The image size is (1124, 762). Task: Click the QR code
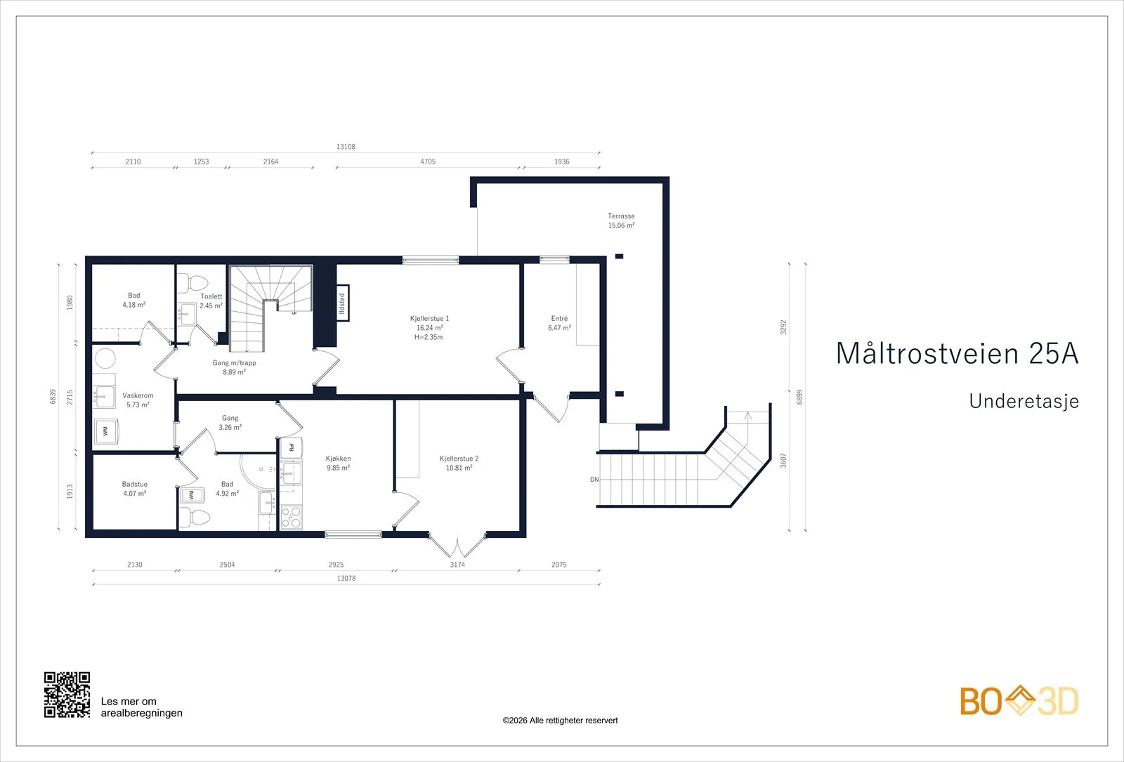pyautogui.click(x=67, y=695)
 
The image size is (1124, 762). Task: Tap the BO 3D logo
pyautogui.click(x=1019, y=701)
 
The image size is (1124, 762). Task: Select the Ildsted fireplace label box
pyautogui.click(x=342, y=303)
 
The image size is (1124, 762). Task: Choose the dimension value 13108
pyautogui.click(x=346, y=147)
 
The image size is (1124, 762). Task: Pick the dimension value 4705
pyautogui.click(x=428, y=162)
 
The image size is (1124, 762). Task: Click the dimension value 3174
pyautogui.click(x=457, y=565)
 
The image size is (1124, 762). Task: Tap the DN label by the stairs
pyautogui.click(x=594, y=480)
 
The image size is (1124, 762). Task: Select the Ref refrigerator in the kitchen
pyautogui.click(x=291, y=447)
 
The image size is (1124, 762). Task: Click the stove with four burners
pyautogui.click(x=292, y=517)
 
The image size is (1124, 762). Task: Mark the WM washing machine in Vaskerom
pyautogui.click(x=106, y=431)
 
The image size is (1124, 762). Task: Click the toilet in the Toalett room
pyautogui.click(x=192, y=283)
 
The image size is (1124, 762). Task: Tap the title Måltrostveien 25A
pyautogui.click(x=958, y=353)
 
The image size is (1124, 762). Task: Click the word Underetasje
pyautogui.click(x=1024, y=401)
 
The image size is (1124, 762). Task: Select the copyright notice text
pyautogui.click(x=560, y=721)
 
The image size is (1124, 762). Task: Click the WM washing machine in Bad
pyautogui.click(x=192, y=495)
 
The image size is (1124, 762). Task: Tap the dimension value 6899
pyautogui.click(x=799, y=397)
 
